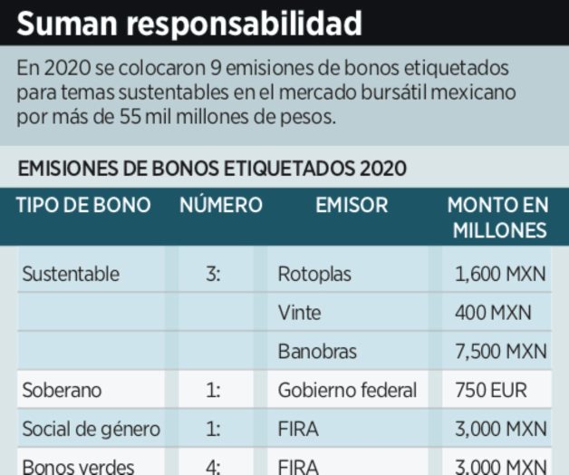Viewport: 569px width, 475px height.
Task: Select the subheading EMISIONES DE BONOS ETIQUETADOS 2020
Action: point(212,168)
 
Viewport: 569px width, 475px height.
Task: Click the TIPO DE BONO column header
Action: point(83,205)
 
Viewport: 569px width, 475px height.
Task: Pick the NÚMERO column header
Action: point(220,205)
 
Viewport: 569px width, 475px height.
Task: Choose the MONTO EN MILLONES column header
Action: point(497,218)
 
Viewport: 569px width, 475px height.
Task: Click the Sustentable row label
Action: point(71,274)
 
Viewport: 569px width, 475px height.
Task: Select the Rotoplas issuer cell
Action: point(314,274)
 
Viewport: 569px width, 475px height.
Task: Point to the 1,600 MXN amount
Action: point(500,274)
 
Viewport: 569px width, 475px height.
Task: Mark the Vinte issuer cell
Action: point(300,313)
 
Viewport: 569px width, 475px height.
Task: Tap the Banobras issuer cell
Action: point(318,352)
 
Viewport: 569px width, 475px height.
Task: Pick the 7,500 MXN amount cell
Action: point(500,352)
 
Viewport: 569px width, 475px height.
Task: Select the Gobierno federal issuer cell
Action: point(348,391)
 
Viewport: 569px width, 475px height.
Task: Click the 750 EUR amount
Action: point(490,391)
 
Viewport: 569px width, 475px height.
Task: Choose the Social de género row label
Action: point(91,430)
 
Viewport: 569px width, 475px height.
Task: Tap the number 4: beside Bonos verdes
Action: point(212,467)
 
